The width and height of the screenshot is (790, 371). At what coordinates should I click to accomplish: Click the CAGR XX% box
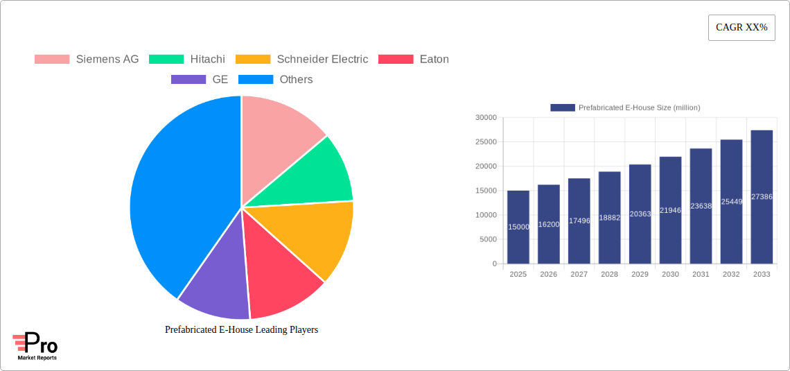pyautogui.click(x=741, y=28)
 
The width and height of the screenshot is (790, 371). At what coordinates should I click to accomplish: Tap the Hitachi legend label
pyautogui.click(x=207, y=60)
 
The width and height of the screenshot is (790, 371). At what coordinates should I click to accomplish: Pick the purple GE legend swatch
pyautogui.click(x=188, y=80)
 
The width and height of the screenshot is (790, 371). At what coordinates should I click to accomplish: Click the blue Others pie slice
pyautogui.click(x=180, y=201)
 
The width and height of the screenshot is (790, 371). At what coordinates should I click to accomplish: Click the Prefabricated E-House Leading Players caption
pyautogui.click(x=241, y=330)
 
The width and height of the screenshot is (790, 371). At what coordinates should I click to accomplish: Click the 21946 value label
pyautogui.click(x=670, y=210)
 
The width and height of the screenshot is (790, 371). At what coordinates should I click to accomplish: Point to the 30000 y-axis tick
pyautogui.click(x=486, y=118)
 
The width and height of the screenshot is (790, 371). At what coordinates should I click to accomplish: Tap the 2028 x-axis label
pyautogui.click(x=609, y=275)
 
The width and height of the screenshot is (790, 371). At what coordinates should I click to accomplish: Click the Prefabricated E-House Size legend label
pyautogui.click(x=639, y=107)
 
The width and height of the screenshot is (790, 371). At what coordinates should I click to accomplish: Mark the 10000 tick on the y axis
pyautogui.click(x=486, y=215)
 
